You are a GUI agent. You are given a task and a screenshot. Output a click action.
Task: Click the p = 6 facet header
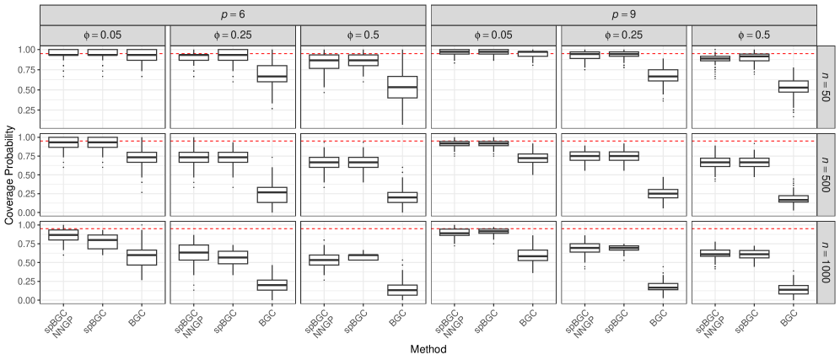click(233, 14)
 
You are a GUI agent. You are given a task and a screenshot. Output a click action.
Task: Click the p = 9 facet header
click(623, 14)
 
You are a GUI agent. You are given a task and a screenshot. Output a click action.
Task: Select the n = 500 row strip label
click(827, 174)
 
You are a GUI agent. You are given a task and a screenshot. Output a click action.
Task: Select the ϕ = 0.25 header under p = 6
click(233, 35)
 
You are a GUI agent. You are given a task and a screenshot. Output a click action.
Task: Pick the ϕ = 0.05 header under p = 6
click(103, 35)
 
